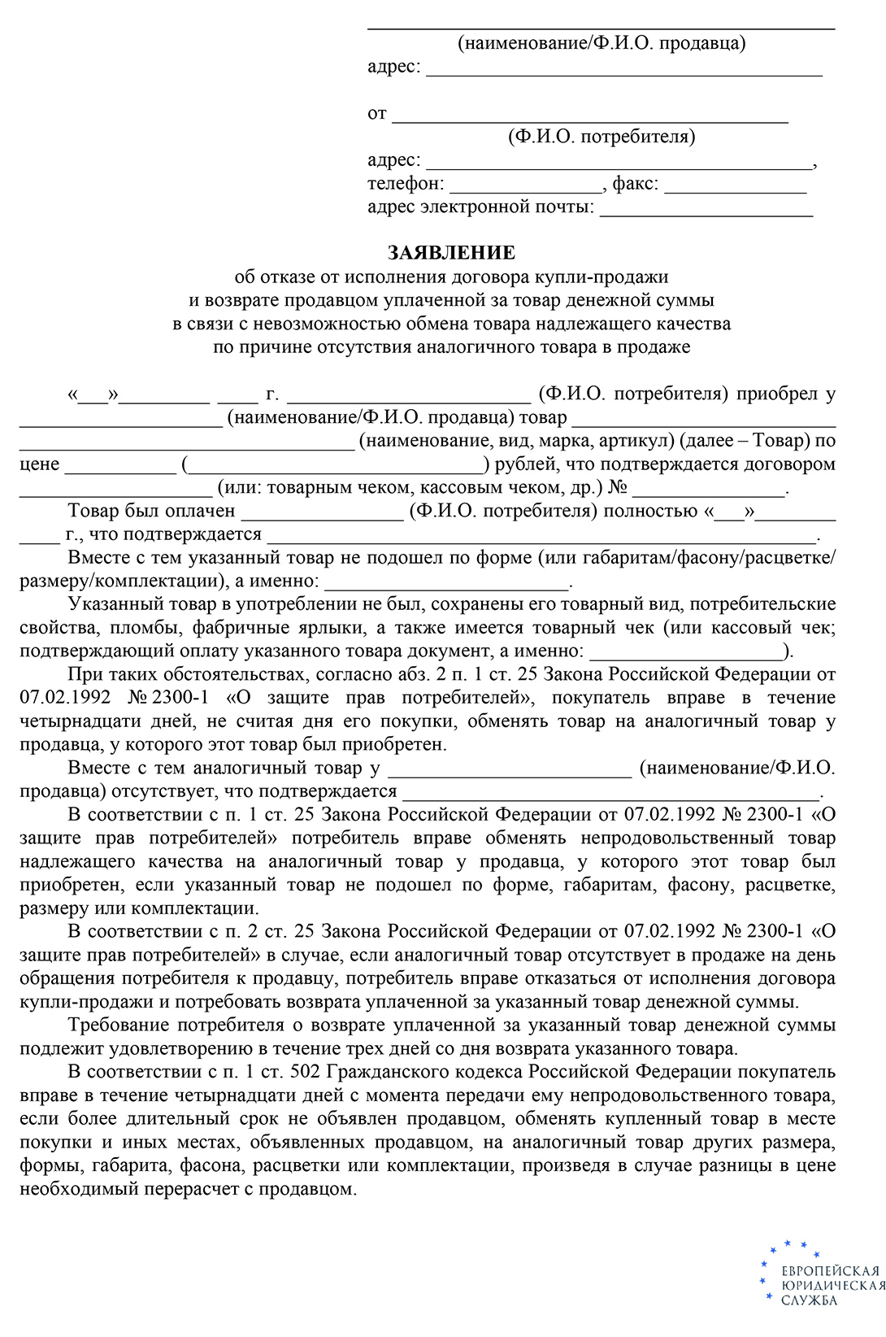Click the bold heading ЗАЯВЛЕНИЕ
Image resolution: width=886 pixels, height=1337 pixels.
coord(451,253)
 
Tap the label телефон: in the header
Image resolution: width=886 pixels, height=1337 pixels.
coord(406,184)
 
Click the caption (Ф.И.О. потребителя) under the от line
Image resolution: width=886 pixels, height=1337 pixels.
coord(602,137)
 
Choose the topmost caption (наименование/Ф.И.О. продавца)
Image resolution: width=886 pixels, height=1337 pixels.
coord(602,43)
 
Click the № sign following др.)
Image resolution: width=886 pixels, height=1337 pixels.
coord(618,488)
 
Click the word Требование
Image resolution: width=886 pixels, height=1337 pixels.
coord(119,1026)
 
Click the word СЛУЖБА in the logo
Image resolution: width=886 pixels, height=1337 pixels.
coord(809,1300)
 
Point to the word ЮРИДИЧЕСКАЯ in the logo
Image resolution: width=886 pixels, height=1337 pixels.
coord(832,1286)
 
